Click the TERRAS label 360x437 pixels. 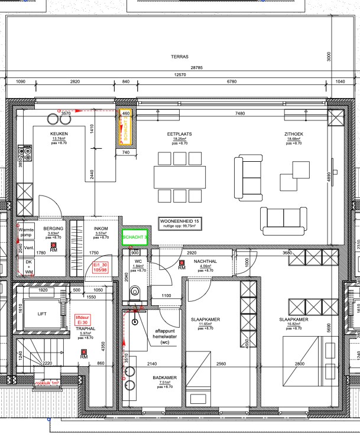pyautogui.click(x=179, y=57)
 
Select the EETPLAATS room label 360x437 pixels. pyautogui.click(x=180, y=135)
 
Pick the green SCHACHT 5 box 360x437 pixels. pyautogui.click(x=134, y=237)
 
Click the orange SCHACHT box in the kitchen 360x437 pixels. pyautogui.click(x=125, y=126)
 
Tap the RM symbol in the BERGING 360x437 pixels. pyautogui.click(x=53, y=247)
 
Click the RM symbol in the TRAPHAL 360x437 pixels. pyautogui.click(x=84, y=355)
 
